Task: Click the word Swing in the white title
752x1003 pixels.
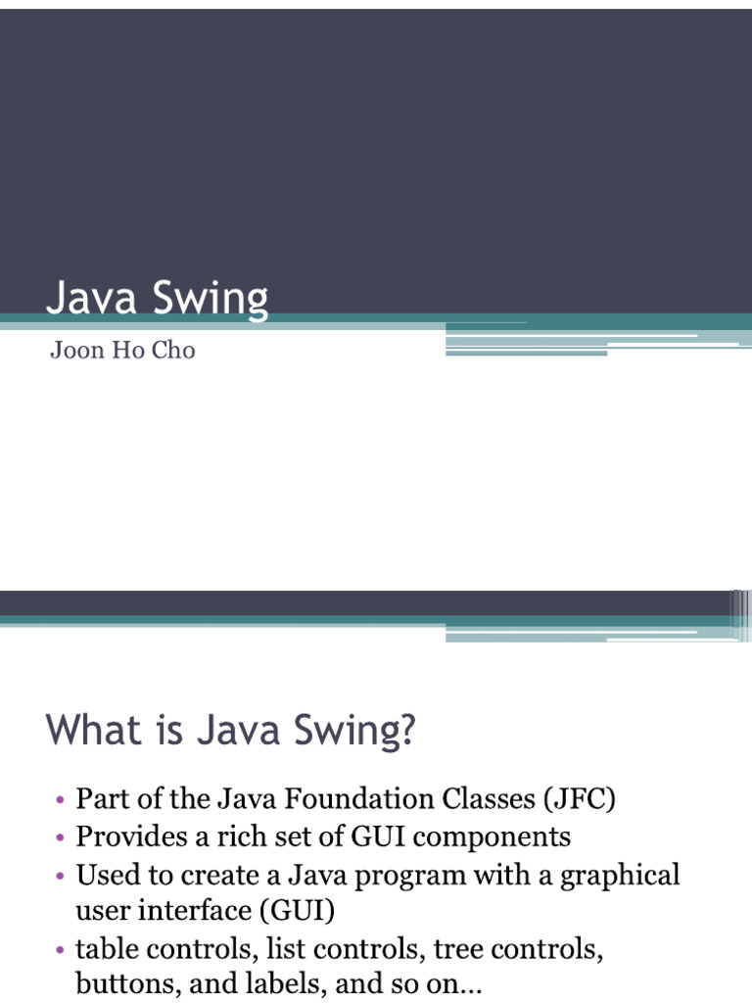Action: pos(211,299)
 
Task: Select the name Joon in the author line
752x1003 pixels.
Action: pos(76,351)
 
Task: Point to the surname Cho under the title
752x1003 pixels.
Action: pos(174,351)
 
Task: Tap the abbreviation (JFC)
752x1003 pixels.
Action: pos(578,799)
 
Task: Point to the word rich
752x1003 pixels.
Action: pos(247,836)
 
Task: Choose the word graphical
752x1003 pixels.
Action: pos(620,875)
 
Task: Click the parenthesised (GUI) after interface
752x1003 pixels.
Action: pos(297,912)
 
